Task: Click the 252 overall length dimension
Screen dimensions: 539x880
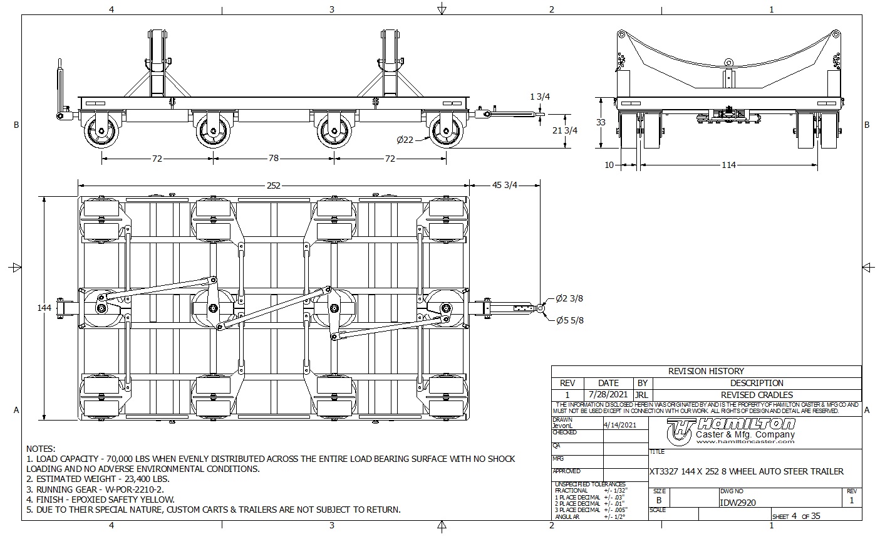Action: [x=273, y=185]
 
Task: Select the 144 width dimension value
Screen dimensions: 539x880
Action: [x=44, y=308]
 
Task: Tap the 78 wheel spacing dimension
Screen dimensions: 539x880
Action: [x=274, y=159]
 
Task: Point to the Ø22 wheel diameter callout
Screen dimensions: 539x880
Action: [x=405, y=140]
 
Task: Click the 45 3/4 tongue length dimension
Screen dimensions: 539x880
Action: [x=505, y=185]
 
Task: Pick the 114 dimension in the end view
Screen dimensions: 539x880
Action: [x=728, y=165]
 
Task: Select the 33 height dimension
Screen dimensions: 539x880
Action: [x=601, y=122]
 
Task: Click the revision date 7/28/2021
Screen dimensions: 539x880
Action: [x=608, y=395]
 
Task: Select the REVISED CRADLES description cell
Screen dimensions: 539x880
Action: [x=757, y=395]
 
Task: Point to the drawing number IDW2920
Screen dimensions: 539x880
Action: [x=738, y=502]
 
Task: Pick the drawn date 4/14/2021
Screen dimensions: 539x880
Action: [x=619, y=424]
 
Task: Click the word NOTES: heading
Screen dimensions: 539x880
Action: [x=41, y=449]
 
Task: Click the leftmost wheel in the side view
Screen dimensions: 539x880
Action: [x=101, y=132]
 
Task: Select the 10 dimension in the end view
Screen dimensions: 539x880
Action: [x=609, y=165]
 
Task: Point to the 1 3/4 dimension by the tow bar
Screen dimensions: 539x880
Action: [x=540, y=97]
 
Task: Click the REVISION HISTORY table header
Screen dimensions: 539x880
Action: [x=706, y=371]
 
